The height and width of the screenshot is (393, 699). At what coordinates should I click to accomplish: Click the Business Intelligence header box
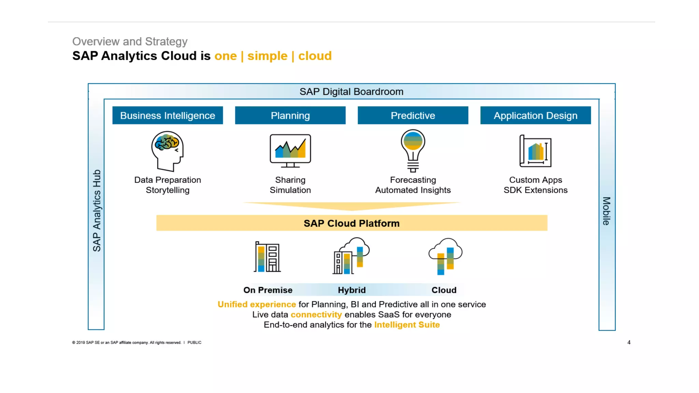click(x=168, y=115)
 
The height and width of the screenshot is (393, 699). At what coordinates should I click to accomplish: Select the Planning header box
click(x=290, y=115)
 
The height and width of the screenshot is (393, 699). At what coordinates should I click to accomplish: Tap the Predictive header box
click(x=413, y=115)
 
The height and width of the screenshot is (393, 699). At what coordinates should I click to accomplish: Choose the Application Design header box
click(x=535, y=115)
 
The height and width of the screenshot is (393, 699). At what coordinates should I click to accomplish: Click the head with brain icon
click(x=167, y=151)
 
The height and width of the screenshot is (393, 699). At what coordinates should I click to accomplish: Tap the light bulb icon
click(x=413, y=150)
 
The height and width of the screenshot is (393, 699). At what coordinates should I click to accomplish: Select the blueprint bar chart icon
click(x=535, y=151)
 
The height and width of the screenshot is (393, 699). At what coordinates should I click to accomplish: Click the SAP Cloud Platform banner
click(x=352, y=223)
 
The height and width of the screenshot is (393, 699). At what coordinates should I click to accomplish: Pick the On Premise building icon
click(x=268, y=257)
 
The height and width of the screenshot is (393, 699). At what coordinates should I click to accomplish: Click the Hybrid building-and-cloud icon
click(x=351, y=256)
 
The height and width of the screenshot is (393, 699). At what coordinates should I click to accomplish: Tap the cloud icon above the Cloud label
click(x=445, y=256)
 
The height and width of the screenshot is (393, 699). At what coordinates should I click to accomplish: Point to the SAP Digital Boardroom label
click(x=351, y=91)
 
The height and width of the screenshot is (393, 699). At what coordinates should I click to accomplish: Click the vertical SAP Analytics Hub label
click(x=97, y=210)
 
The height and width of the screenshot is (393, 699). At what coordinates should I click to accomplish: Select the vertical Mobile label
click(x=606, y=211)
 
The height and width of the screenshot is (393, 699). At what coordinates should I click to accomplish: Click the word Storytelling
click(x=168, y=190)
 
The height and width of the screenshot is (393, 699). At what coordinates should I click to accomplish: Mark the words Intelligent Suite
click(x=407, y=325)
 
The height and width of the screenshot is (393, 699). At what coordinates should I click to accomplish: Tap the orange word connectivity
click(x=316, y=315)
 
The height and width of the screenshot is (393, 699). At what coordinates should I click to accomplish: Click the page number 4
click(x=629, y=342)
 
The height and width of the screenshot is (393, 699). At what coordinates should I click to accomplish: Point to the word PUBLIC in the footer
click(x=194, y=343)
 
